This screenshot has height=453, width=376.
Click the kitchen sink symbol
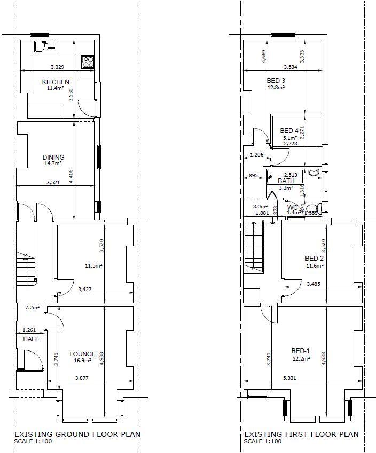click(45, 46)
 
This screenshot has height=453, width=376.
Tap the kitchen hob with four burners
click(88, 62)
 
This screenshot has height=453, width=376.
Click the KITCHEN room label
click(56, 82)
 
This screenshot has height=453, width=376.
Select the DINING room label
click(53, 158)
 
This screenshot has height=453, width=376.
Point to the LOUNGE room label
click(83, 354)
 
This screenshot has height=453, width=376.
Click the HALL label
click(30, 339)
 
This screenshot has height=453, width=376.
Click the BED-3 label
click(276, 81)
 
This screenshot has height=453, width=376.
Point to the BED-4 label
click(289, 131)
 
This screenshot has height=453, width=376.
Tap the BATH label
click(286, 181)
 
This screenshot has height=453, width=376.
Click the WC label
click(292, 207)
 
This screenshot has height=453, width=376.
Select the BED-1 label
click(300, 351)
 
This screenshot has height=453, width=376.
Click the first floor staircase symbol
click(254, 248)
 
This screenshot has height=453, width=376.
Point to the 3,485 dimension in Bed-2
click(315, 284)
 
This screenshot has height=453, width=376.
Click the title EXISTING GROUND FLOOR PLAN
click(77, 434)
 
